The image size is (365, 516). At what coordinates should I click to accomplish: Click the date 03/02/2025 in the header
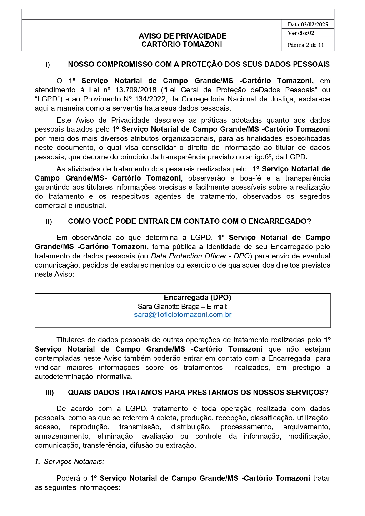[314, 24]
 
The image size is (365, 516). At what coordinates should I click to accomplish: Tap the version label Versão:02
[301, 33]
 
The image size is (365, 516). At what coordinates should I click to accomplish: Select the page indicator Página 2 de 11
[306, 45]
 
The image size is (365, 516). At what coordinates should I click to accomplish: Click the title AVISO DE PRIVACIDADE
[182, 36]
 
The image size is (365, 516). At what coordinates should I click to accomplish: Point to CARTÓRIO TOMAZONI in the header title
[181, 44]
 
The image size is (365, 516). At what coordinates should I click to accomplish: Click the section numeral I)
[48, 65]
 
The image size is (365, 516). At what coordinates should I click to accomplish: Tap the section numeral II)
[49, 222]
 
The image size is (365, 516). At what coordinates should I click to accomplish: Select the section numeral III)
[50, 393]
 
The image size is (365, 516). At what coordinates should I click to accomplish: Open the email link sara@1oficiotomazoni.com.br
[183, 315]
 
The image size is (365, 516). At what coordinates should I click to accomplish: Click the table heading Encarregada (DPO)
[197, 298]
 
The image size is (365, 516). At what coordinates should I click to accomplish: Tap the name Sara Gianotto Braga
[169, 307]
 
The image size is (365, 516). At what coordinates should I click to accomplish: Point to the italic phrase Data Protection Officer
[189, 256]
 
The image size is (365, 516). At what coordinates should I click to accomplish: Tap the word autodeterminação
[73, 377]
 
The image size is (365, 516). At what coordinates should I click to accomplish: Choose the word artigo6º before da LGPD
[259, 157]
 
